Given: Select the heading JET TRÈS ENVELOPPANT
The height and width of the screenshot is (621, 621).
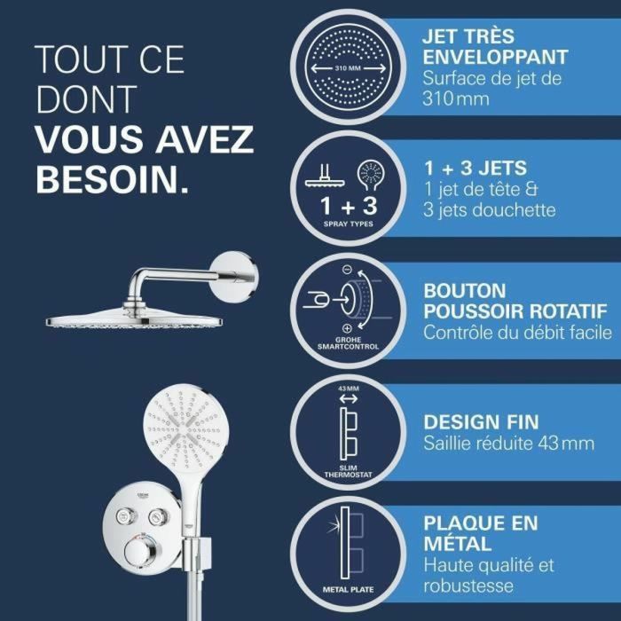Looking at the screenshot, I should [495, 48].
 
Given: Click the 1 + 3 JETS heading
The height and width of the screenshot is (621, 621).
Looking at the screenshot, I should [475, 168].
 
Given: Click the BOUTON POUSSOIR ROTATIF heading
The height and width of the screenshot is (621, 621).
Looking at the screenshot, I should [515, 301].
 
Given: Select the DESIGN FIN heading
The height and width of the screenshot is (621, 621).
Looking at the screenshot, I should [481, 421].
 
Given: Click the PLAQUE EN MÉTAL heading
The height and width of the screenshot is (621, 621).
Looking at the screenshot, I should [480, 531].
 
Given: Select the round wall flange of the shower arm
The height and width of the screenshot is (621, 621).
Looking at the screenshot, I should [236, 275].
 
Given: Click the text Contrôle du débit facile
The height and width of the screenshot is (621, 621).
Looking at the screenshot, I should [517, 333].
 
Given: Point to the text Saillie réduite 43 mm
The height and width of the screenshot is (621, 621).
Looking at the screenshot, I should [508, 443].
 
